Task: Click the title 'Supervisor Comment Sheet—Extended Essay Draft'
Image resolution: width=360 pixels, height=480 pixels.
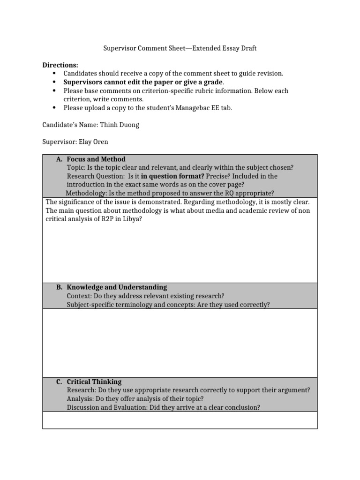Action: (180, 48)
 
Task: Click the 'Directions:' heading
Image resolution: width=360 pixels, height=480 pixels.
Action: (60, 65)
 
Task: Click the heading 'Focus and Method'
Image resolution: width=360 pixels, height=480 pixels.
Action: (96, 159)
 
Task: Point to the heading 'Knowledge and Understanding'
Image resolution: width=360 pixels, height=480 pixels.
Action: (117, 287)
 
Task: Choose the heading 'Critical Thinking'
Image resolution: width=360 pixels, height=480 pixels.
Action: (94, 382)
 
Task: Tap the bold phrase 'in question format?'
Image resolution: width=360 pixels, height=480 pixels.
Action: (172, 176)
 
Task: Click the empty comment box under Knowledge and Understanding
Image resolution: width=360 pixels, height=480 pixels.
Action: (180, 343)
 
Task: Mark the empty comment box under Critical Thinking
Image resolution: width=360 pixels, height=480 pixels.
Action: (180, 420)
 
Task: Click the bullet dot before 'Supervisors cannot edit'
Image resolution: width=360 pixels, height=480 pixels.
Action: (55, 82)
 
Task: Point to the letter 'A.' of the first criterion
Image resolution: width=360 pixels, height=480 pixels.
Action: (59, 159)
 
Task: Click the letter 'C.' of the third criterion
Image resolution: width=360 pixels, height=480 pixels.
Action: (59, 382)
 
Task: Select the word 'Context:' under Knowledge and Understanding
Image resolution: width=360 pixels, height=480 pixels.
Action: (80, 296)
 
